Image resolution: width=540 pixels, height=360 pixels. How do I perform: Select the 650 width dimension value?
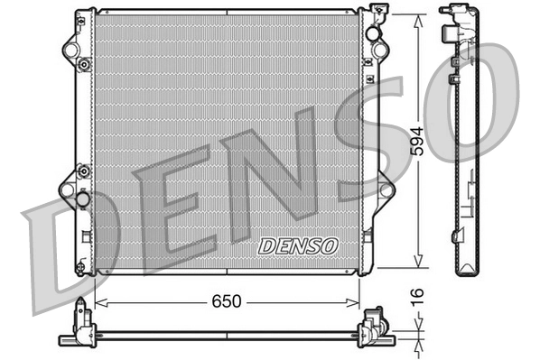pos(228,301)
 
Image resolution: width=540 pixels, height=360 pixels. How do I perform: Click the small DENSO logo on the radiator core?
pos(297,245)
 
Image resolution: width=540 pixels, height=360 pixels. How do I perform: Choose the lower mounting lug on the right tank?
pos(386,189)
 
